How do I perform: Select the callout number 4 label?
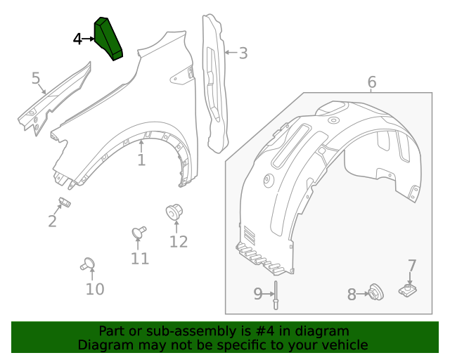click(x=77, y=39)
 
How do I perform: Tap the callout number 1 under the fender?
click(x=141, y=160)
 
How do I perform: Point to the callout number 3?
click(x=243, y=53)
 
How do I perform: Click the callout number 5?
click(x=36, y=78)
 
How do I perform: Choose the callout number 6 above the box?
click(x=371, y=82)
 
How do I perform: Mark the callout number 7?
click(x=412, y=266)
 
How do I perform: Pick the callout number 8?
click(x=352, y=295)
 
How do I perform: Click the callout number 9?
click(x=258, y=294)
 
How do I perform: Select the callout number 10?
click(x=95, y=288)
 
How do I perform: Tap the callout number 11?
click(x=140, y=258)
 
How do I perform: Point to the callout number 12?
click(x=179, y=241)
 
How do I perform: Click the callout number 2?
click(x=52, y=221)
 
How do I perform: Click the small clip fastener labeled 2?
click(x=65, y=203)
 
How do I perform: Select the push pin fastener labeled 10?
click(x=89, y=264)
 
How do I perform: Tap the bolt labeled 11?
click(x=139, y=231)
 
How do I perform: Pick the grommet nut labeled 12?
click(x=173, y=212)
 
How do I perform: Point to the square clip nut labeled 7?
click(x=407, y=289)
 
